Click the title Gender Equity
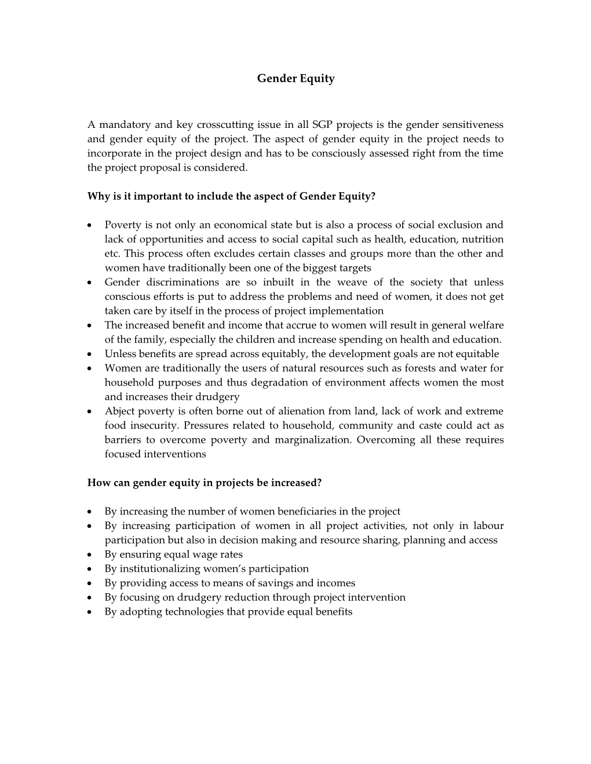click(295, 78)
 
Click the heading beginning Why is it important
click(231, 196)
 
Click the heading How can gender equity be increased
click(204, 483)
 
